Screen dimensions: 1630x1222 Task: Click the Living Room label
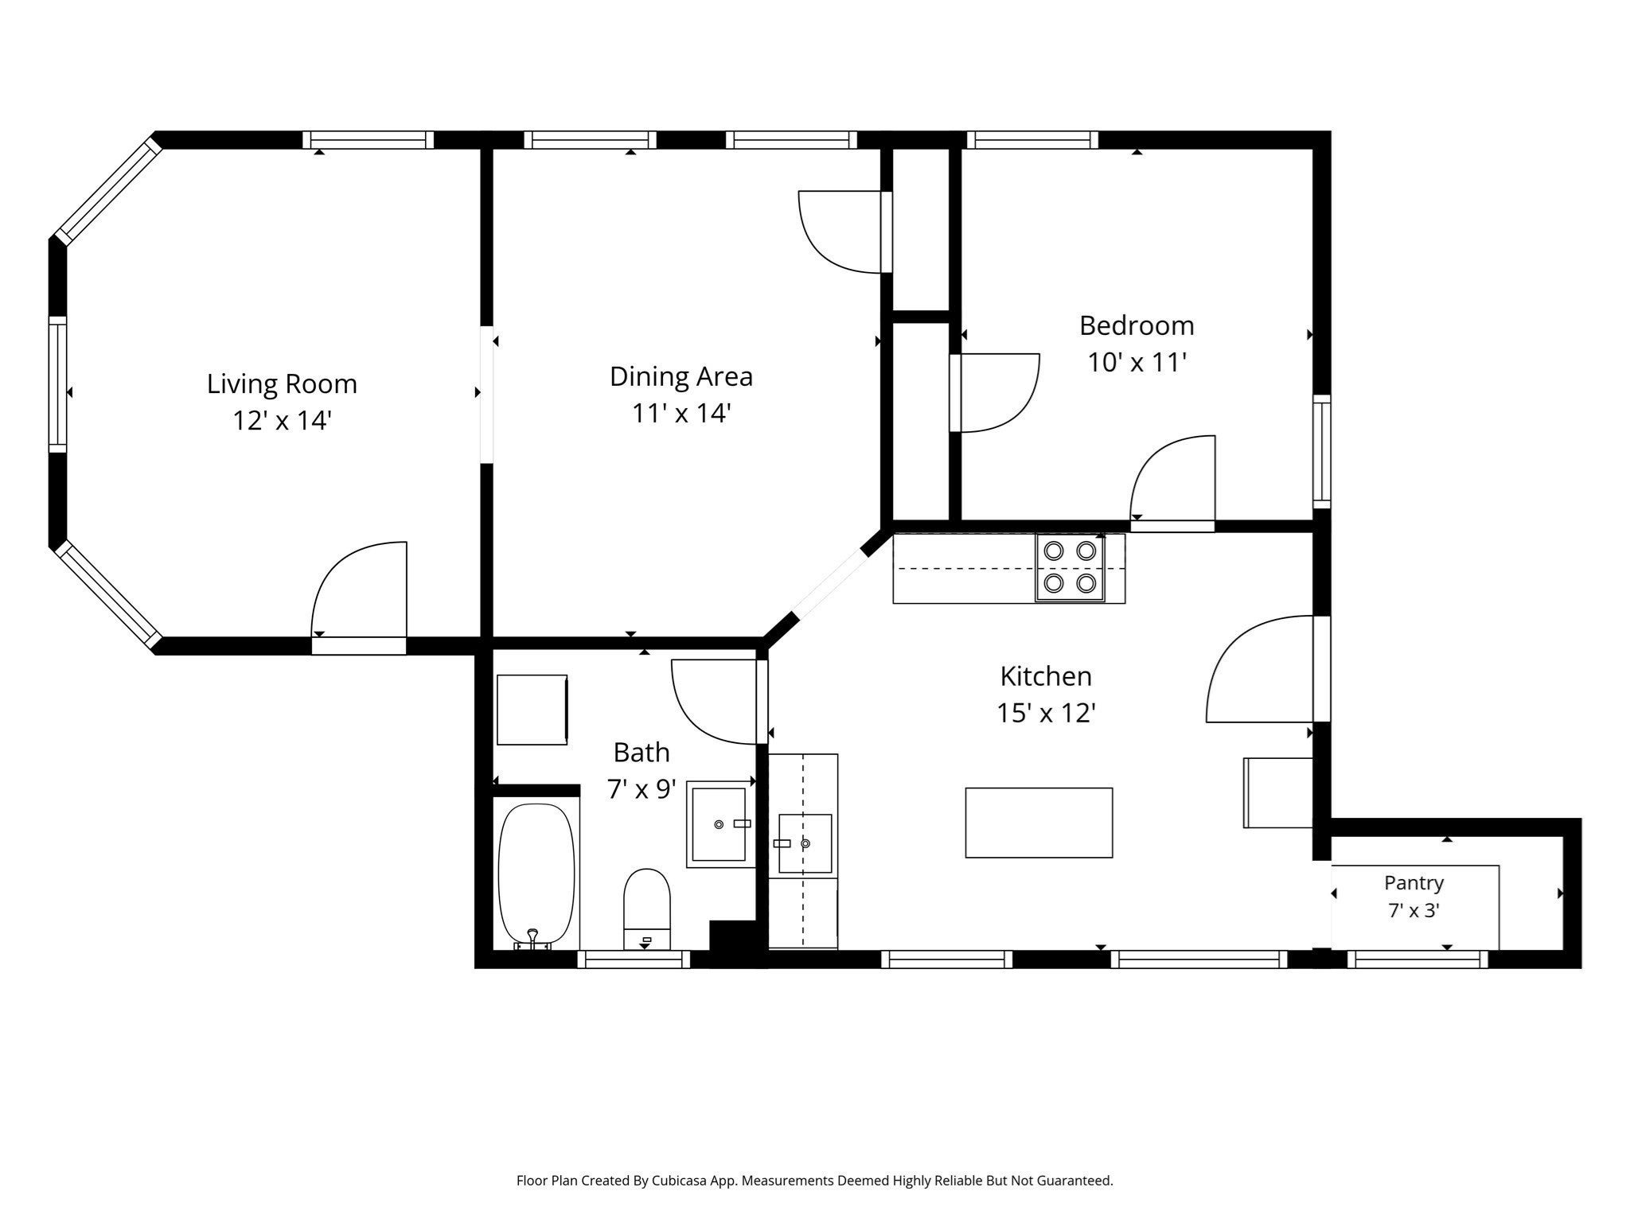(282, 384)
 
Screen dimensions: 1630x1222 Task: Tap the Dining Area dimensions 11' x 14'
(681, 414)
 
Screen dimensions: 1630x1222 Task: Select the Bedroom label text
(1137, 325)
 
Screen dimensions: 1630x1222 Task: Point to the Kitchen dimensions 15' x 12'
(1047, 713)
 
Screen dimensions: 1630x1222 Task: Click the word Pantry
(1414, 883)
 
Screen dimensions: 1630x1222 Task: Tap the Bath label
(641, 752)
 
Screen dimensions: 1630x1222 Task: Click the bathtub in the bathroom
(536, 875)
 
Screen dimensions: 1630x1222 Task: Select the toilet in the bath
(646, 909)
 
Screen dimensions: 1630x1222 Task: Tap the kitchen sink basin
(805, 843)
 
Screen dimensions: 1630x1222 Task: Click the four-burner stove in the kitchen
(1070, 567)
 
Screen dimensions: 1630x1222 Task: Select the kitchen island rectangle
(1039, 823)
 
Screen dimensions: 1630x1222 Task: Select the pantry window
(1417, 959)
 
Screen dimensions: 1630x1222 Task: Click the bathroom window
(634, 959)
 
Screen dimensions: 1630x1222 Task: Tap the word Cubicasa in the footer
(681, 1181)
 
